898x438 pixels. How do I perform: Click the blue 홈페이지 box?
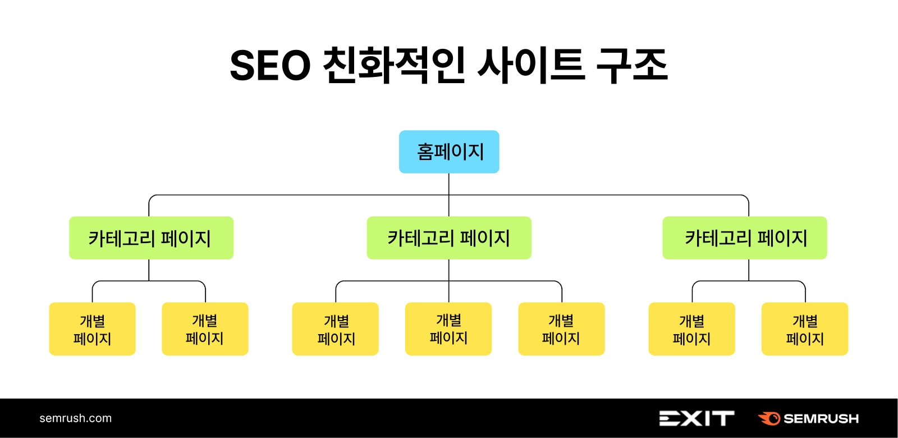[x=449, y=152]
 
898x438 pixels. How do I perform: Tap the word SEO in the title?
[x=270, y=66]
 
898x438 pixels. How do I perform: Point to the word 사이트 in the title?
[x=530, y=66]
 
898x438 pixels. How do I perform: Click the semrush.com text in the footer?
[x=76, y=418]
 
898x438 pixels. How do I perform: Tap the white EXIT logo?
[x=697, y=418]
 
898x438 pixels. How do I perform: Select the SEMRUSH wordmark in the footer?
[x=821, y=419]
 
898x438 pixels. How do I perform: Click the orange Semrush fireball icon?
[x=769, y=418]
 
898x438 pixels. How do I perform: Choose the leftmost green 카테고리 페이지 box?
[x=151, y=238]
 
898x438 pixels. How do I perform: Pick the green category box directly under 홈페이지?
[x=449, y=238]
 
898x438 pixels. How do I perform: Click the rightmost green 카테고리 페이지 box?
[x=745, y=238]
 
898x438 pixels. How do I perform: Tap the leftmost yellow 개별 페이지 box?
[x=93, y=329]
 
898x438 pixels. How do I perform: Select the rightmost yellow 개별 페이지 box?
[x=805, y=329]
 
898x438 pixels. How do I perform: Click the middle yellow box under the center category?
[x=448, y=329]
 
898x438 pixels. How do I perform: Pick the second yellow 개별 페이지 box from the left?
[x=205, y=329]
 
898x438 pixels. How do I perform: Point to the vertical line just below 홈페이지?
[x=449, y=184]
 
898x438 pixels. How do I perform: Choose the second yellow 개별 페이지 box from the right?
[x=692, y=329]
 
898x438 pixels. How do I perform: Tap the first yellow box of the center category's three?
[x=336, y=329]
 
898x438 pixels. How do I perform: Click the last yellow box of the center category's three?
[x=561, y=329]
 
